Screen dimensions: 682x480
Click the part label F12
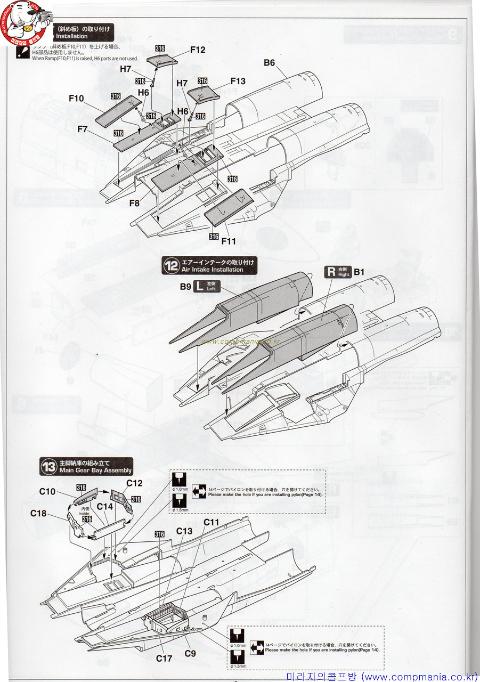pos(198,50)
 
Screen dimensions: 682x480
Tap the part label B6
pos(270,63)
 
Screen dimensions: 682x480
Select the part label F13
pos(238,81)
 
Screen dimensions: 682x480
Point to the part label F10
pos(76,98)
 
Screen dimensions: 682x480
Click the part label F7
pos(82,129)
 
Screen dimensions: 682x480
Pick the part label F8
pos(134,203)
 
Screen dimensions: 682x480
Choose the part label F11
pos(229,241)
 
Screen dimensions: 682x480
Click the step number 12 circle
pos(171,266)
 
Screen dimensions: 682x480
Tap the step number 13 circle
pos(49,467)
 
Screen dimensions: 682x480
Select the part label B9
pos(185,286)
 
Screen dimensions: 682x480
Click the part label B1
pos(359,272)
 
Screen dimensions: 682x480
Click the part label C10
pos(47,491)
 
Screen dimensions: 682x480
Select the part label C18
pos(38,513)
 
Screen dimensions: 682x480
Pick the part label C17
pos(164,659)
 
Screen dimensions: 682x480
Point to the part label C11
pos(211,522)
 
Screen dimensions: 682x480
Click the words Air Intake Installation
pos(212,270)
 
